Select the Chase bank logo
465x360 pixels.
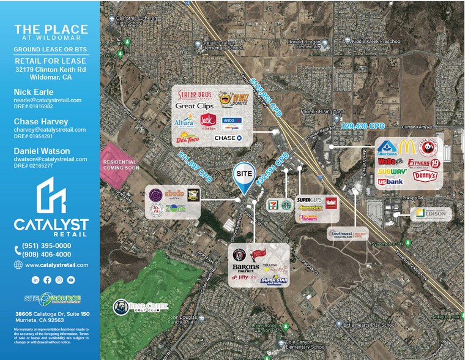click(x=228, y=138)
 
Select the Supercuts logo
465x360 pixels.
click(x=310, y=199)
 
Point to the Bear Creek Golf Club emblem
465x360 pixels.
click(x=122, y=307)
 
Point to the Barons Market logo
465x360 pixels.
click(x=246, y=267)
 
